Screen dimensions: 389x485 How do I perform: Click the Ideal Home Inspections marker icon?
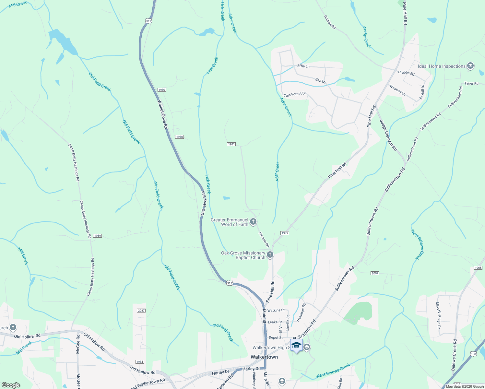pyautogui.click(x=471, y=66)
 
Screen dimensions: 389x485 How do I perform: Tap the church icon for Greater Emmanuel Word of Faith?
pyautogui.click(x=253, y=222)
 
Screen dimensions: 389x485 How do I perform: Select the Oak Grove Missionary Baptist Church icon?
pyautogui.click(x=270, y=255)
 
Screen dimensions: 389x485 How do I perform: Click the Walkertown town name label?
pyautogui.click(x=264, y=357)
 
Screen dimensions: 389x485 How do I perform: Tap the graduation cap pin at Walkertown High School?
pyautogui.click(x=296, y=345)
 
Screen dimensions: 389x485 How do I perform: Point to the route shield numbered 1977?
pyautogui.click(x=285, y=233)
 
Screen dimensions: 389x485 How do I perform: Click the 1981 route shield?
pyautogui.click(x=231, y=144)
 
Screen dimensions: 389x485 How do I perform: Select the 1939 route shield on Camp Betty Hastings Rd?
pyautogui.click(x=98, y=236)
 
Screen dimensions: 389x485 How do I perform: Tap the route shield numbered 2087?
pyautogui.click(x=141, y=311)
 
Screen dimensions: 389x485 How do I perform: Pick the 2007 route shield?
pyautogui.click(x=375, y=273)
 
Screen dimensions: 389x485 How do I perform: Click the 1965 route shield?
pyautogui.click(x=478, y=268)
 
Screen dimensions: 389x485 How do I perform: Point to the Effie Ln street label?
pyautogui.click(x=303, y=66)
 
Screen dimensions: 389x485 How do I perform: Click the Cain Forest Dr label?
pyautogui.click(x=295, y=94)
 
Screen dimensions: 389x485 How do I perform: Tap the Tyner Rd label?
pyautogui.click(x=471, y=84)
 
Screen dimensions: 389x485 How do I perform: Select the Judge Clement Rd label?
pyautogui.click(x=388, y=135)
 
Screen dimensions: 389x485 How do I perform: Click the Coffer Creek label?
pyautogui.click(x=367, y=38)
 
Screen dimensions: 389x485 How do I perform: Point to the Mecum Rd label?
pyautogui.click(x=264, y=240)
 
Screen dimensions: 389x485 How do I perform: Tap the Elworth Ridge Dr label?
pyautogui.click(x=438, y=315)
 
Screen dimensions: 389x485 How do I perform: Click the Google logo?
pyautogui.click(x=11, y=385)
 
